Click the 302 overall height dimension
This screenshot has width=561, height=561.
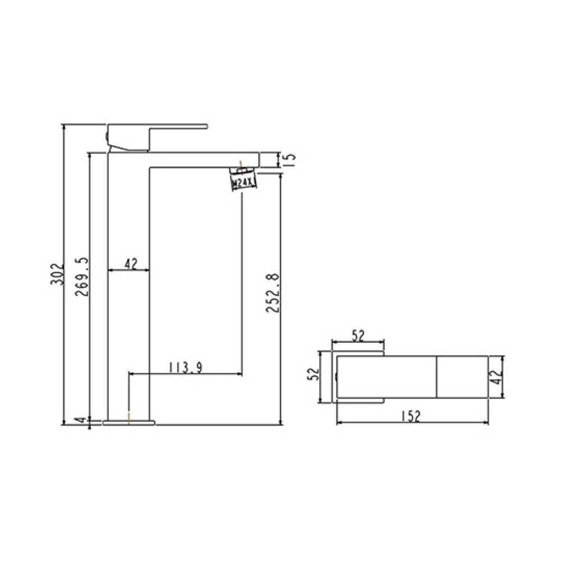click(57, 274)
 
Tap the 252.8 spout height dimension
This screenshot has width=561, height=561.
click(272, 293)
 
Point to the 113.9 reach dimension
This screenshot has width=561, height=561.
click(185, 367)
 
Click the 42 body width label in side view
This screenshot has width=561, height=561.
click(131, 264)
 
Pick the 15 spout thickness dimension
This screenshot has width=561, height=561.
click(290, 159)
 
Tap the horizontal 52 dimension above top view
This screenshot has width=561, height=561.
click(358, 335)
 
